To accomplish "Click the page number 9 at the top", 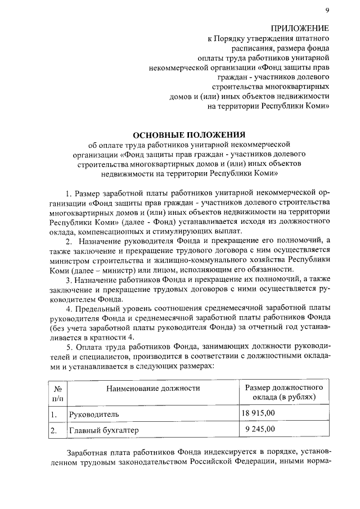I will point(327,10).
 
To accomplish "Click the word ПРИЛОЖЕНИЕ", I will point(300,29).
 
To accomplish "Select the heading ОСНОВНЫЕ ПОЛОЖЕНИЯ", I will point(188,134).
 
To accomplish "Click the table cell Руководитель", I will point(94,414).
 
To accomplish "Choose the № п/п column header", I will point(57,393).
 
